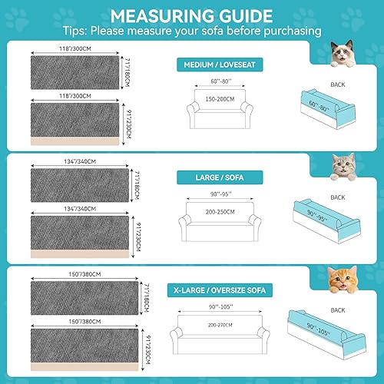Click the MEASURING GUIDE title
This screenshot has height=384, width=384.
point(191,15)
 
